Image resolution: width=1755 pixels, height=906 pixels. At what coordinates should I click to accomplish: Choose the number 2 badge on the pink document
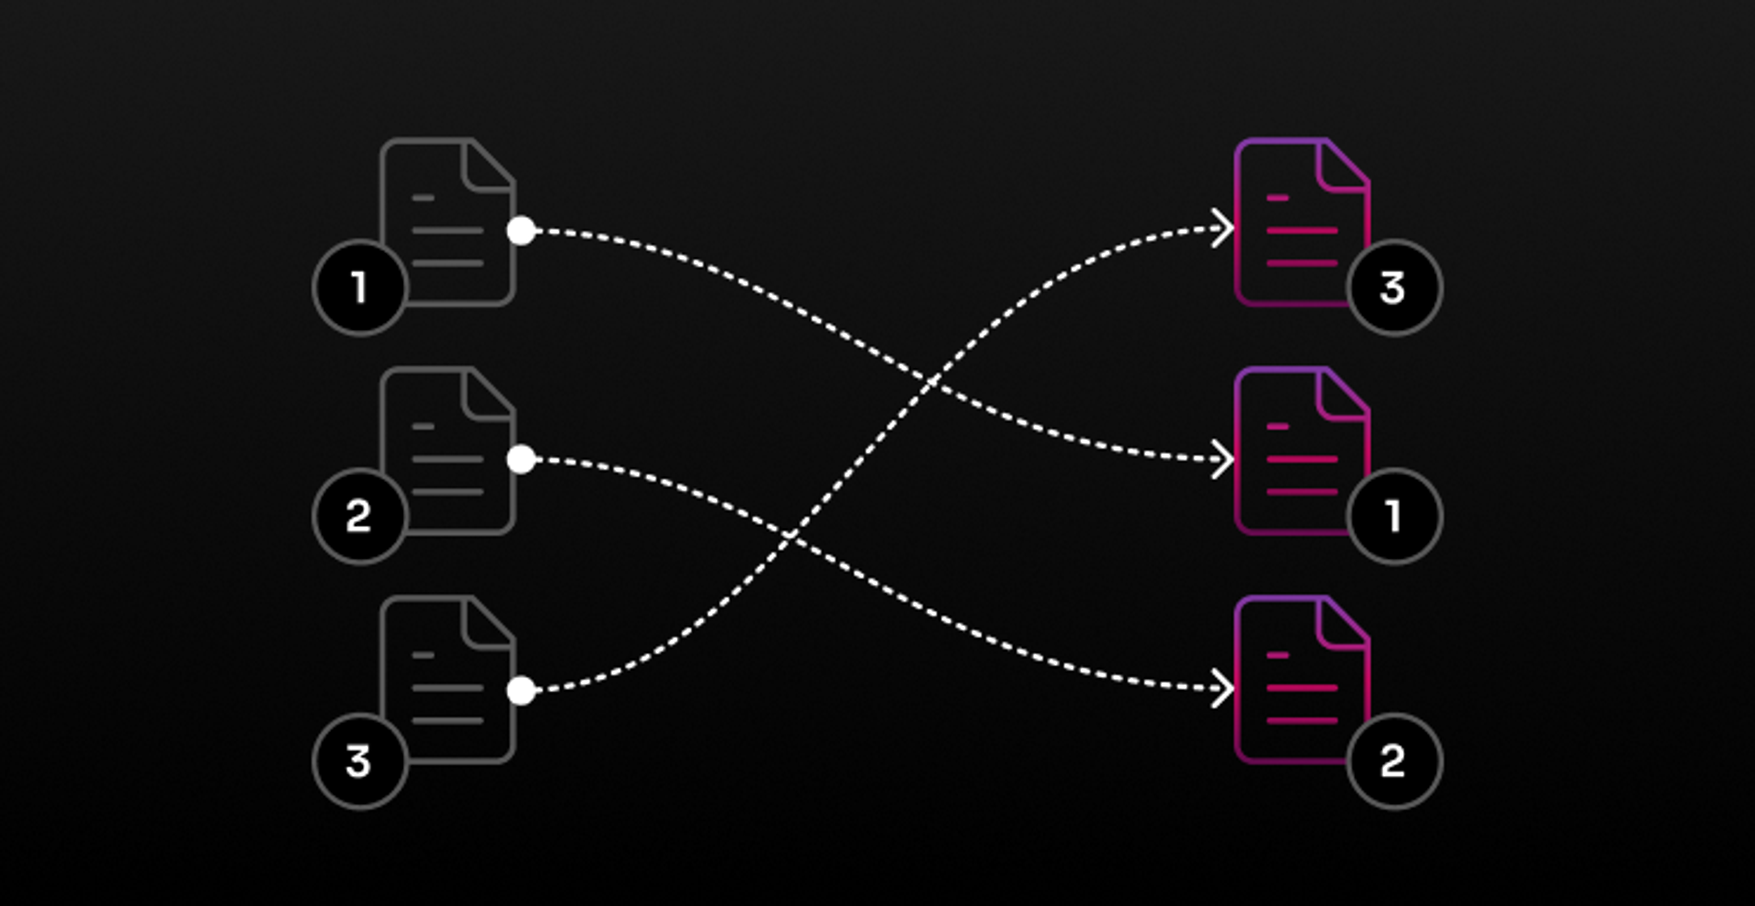[x=1394, y=761]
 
